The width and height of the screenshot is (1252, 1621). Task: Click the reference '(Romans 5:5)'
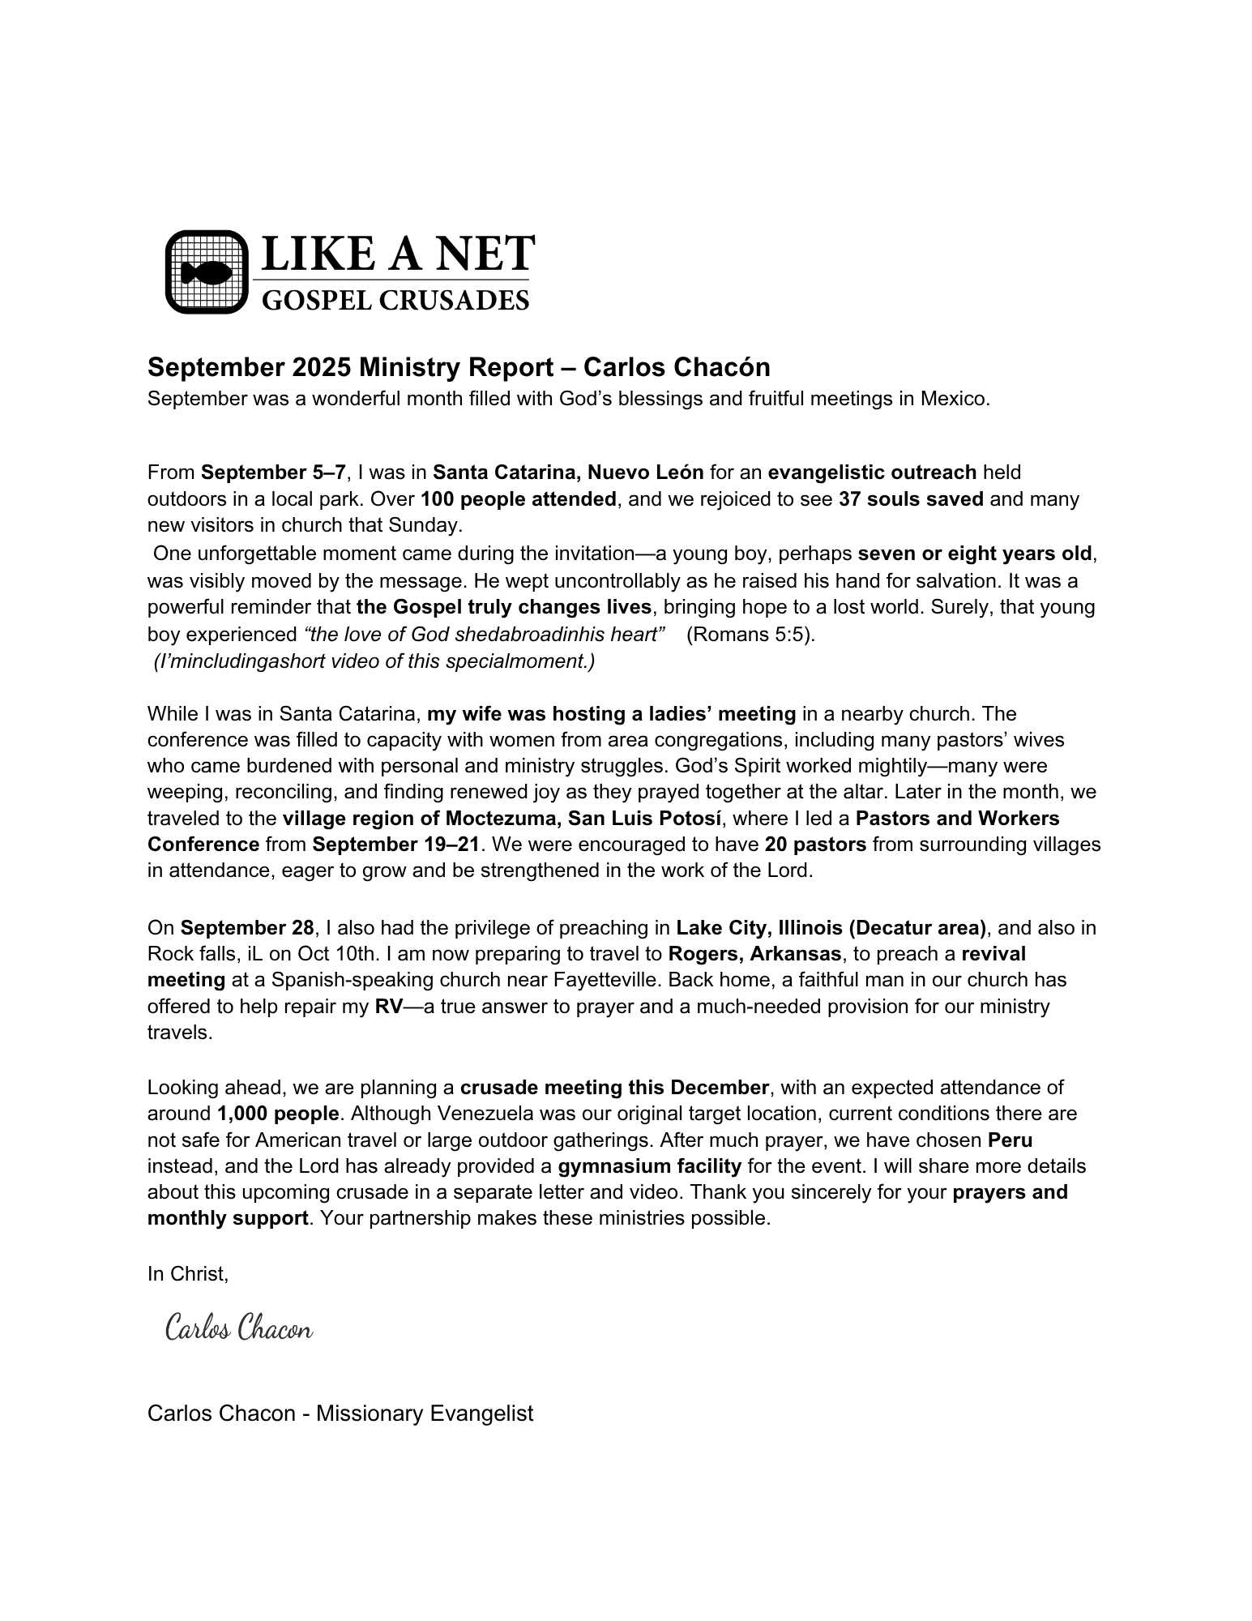(750, 635)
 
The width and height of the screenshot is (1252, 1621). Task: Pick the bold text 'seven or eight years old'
(975, 554)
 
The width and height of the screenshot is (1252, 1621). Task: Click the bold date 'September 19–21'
(397, 845)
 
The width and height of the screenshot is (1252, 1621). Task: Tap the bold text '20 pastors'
(815, 845)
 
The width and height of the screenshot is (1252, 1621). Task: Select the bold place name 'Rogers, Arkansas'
(755, 954)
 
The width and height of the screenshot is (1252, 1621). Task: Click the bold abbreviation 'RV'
(389, 1007)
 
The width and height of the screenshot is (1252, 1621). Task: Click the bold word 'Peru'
(1010, 1140)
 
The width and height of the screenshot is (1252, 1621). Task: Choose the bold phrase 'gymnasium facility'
(649, 1166)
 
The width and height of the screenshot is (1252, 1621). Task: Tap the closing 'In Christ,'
(188, 1274)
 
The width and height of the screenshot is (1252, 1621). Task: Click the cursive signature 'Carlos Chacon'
(239, 1329)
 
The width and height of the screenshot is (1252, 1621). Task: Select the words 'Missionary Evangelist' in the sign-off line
(425, 1414)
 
